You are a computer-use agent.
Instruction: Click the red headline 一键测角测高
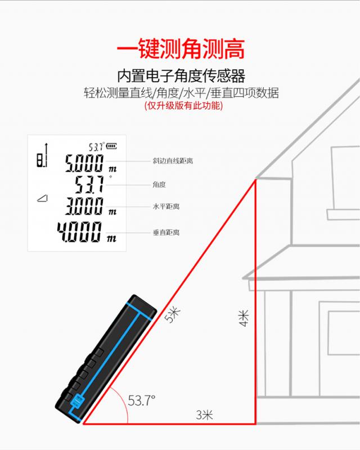pyautogui.click(x=181, y=49)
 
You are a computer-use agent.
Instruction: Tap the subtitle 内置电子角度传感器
pyautogui.click(x=181, y=76)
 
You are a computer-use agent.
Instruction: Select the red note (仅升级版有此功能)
pyautogui.click(x=183, y=106)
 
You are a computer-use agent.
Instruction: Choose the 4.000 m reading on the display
pyautogui.click(x=87, y=232)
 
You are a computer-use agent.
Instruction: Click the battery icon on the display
pyautogui.click(x=112, y=146)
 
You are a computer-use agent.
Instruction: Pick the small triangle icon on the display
pyautogui.click(x=43, y=198)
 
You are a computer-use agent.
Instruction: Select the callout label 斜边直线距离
pyautogui.click(x=173, y=161)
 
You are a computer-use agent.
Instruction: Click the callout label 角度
pyautogui.click(x=159, y=184)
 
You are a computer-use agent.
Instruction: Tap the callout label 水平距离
pyautogui.click(x=166, y=206)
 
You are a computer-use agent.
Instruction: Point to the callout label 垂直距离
pyautogui.click(x=166, y=232)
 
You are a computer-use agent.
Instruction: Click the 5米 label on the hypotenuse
pyautogui.click(x=172, y=315)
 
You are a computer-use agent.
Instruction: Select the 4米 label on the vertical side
pyautogui.click(x=244, y=318)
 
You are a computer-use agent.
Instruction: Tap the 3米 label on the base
pyautogui.click(x=204, y=415)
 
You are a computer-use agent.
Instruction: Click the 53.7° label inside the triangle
pyautogui.click(x=141, y=400)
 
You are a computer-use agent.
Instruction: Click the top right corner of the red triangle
pyautogui.click(x=255, y=179)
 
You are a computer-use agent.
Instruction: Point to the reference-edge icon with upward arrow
pyautogui.click(x=42, y=155)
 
